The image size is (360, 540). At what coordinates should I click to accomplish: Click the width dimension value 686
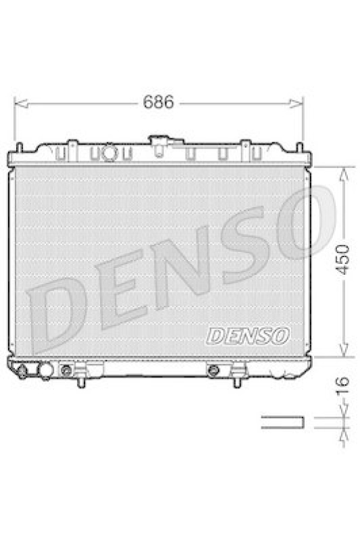(x=159, y=103)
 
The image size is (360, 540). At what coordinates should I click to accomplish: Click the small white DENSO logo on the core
(x=248, y=335)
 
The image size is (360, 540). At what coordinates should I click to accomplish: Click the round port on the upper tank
(x=109, y=154)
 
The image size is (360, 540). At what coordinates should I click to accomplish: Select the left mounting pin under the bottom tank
(x=82, y=381)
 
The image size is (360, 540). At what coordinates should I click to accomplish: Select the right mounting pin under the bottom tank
(x=236, y=381)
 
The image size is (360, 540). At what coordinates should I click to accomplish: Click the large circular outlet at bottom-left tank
(x=46, y=371)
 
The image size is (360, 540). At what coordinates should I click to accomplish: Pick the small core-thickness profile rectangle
(x=282, y=423)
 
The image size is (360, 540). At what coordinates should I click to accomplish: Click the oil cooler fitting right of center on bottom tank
(x=214, y=370)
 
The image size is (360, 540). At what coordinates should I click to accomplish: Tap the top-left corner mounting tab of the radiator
(x=20, y=147)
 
